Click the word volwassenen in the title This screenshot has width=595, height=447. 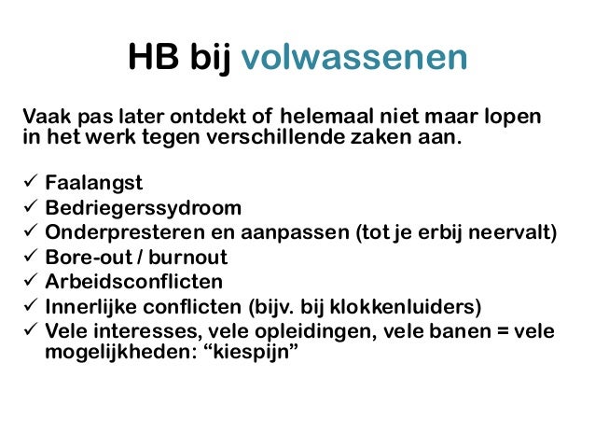(353, 59)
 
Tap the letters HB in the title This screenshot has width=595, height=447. (151, 59)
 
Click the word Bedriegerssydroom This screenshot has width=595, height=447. (144, 207)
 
